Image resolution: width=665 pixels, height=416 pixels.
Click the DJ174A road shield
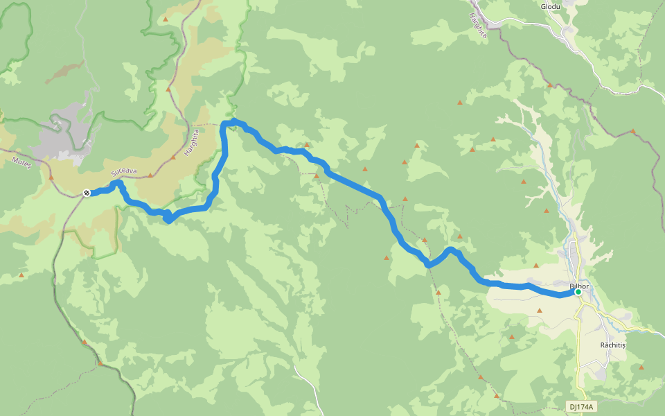click(581, 406)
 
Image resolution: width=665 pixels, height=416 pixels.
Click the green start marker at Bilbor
click(578, 292)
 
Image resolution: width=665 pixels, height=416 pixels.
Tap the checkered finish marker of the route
click(87, 193)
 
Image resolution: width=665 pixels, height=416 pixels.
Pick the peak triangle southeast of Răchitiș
click(641, 367)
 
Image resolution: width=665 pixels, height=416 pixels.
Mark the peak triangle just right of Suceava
click(150, 175)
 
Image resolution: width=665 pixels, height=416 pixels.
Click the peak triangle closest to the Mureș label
click(51, 177)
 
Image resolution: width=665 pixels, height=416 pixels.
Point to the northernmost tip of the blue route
click(234, 121)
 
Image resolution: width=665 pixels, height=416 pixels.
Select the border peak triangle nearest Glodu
click(549, 85)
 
